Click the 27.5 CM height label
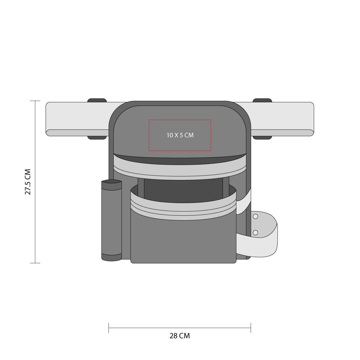[28, 182]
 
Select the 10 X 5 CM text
[180, 135]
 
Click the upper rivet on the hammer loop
[255, 217]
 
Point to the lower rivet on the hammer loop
[255, 232]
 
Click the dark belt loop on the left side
[97, 119]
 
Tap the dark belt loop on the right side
[262, 119]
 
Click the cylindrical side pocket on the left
[112, 220]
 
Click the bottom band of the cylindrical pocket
[112, 257]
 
